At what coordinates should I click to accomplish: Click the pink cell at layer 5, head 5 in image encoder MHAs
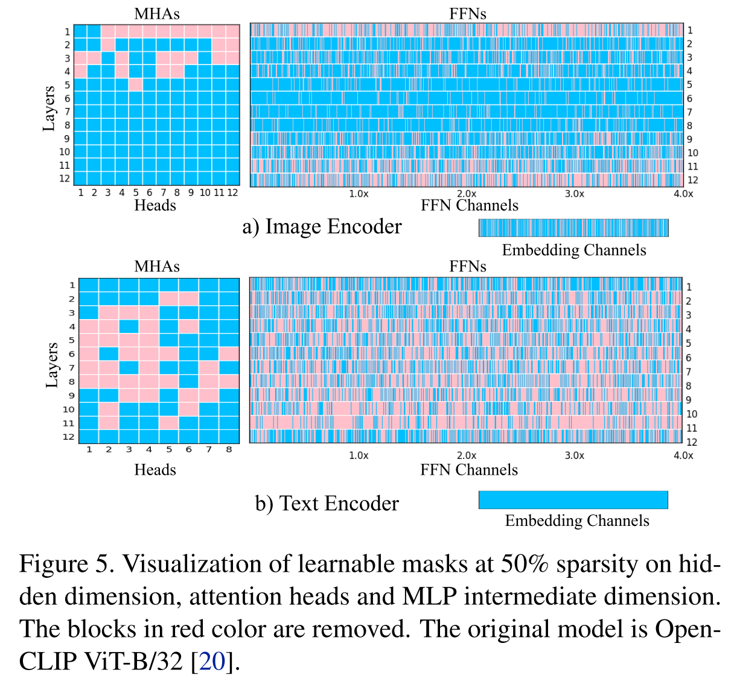coord(136,85)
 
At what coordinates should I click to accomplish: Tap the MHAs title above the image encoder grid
coord(157,14)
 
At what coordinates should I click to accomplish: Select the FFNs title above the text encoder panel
coord(467,267)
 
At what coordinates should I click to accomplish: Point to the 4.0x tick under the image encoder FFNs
coord(683,194)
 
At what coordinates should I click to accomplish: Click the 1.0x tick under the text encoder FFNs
coord(359,455)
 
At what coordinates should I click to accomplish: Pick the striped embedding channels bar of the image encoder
coord(573,227)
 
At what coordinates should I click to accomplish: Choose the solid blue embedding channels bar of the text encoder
coord(573,499)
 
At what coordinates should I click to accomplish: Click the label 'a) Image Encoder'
coord(322,227)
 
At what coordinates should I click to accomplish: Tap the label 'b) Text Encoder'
coord(327,504)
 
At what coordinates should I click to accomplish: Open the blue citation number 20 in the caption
coord(212,662)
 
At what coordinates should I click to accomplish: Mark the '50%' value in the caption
coord(525,565)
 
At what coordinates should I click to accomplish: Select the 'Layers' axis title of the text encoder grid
coord(52,364)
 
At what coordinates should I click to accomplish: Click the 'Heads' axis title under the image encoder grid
coord(155,206)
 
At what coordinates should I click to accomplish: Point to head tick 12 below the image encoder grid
coord(232,192)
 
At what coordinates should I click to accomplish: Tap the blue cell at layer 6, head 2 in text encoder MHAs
coord(109,353)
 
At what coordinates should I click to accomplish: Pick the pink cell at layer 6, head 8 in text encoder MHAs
coord(229,353)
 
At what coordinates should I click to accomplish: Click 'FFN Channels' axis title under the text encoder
coord(469,470)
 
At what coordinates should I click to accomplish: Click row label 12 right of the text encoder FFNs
coord(692,442)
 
